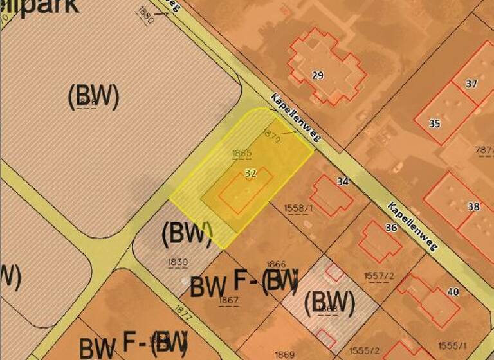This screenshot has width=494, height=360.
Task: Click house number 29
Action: tap(318, 76)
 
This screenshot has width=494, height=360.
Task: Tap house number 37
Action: tap(472, 84)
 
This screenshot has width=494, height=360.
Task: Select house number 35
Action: tap(435, 123)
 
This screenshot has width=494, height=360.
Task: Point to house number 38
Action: tap(474, 206)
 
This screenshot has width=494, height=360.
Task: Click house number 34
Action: tap(343, 182)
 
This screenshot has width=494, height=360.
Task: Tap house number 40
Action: tap(453, 292)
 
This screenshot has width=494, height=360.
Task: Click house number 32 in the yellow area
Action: tap(251, 174)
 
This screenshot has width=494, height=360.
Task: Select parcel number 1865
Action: tap(241, 154)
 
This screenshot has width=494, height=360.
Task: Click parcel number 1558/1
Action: tap(298, 208)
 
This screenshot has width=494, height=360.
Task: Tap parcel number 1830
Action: tap(178, 262)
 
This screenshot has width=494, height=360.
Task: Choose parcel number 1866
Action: tap(276, 264)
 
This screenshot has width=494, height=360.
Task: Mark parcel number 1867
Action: tap(229, 300)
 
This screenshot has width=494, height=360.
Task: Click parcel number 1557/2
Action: tap(379, 276)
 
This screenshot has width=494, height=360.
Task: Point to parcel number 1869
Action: tap(284, 354)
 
